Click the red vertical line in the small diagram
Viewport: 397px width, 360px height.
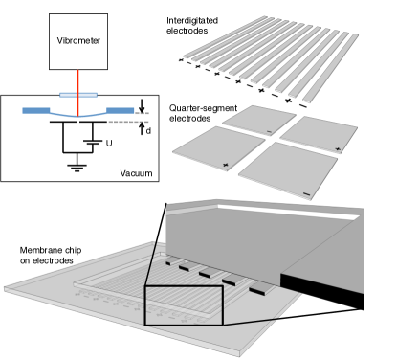(77, 81)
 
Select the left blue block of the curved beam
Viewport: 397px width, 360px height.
(35, 110)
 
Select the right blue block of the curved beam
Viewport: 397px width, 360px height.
(121, 110)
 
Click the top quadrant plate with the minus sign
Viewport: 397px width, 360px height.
(259, 120)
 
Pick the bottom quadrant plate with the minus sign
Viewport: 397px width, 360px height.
(288, 171)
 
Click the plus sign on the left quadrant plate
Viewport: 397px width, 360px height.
(226, 165)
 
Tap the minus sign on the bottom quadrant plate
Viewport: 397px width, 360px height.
(306, 194)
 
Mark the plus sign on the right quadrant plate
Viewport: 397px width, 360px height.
(338, 149)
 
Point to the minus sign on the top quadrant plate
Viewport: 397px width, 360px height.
(269, 131)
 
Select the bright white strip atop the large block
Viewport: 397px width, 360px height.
(287, 210)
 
